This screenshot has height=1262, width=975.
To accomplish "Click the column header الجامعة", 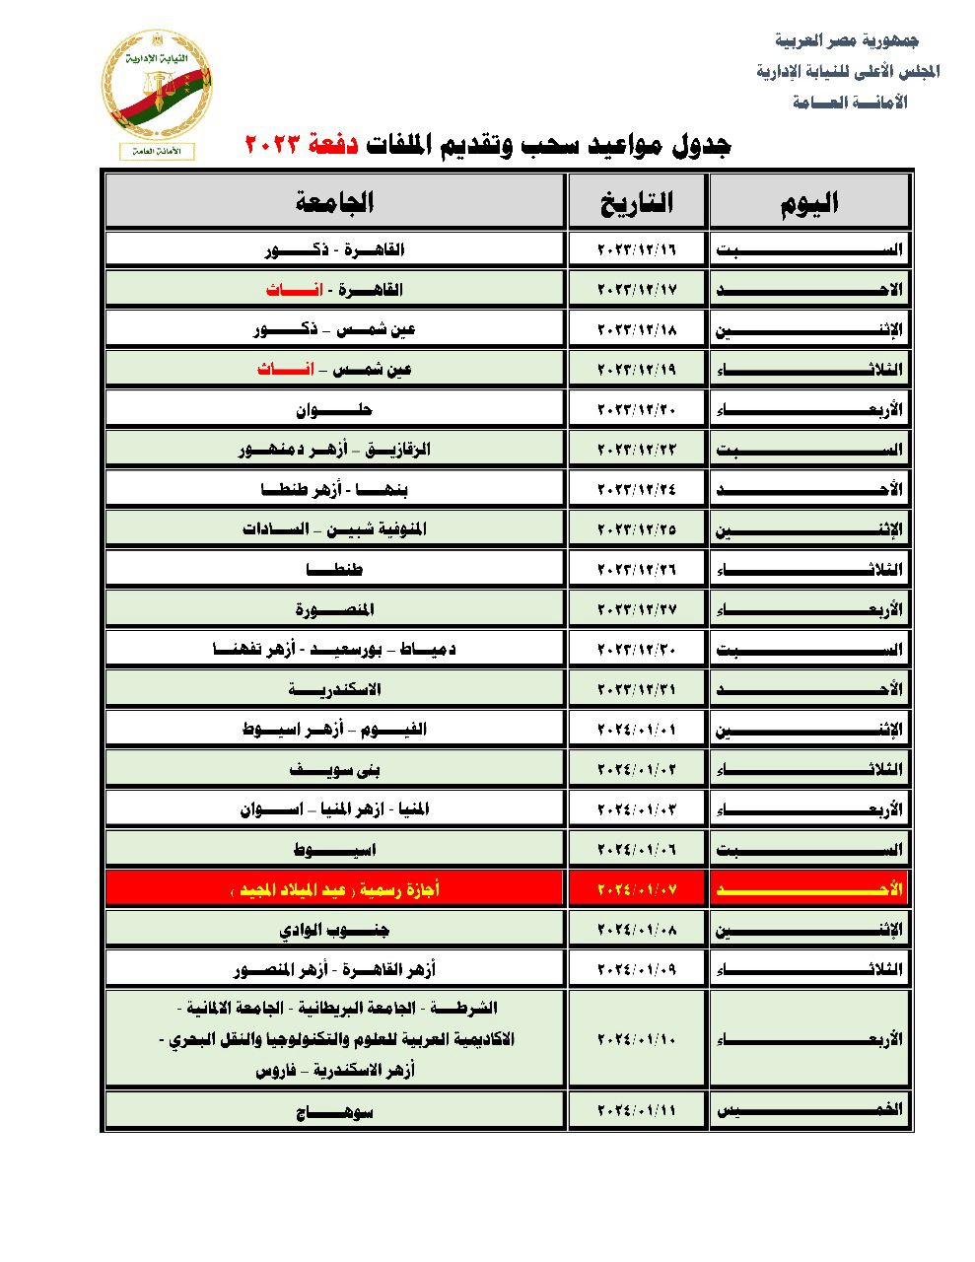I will pyautogui.click(x=335, y=203).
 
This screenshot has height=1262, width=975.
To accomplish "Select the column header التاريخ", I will pyautogui.click(x=637, y=203).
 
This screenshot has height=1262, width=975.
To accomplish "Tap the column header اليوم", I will pyautogui.click(x=809, y=203).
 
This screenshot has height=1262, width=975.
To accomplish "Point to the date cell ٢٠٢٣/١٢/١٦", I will pyautogui.click(x=637, y=249).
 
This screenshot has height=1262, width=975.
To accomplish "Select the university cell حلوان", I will pyautogui.click(x=334, y=409).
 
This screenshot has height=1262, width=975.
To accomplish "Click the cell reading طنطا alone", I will pyautogui.click(x=335, y=569).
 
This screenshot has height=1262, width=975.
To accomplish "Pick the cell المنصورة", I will pyautogui.click(x=335, y=609).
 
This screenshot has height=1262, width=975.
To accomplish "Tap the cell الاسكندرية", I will pyautogui.click(x=335, y=689).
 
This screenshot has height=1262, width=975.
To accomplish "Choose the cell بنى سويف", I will pyautogui.click(x=335, y=769).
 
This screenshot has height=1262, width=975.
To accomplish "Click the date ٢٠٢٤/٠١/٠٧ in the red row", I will pyautogui.click(x=637, y=889).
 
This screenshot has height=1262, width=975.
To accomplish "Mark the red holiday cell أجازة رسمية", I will pyautogui.click(x=335, y=889).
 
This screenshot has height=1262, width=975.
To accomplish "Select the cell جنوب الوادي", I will pyautogui.click(x=335, y=930).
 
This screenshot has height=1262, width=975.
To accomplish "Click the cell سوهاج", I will pyautogui.click(x=335, y=1111).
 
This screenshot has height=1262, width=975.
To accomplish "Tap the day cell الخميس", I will pyautogui.click(x=809, y=1110).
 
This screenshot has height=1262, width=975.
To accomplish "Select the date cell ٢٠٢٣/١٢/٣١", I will pyautogui.click(x=637, y=689).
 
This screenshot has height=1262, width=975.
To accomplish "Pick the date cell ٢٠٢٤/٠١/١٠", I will pyautogui.click(x=637, y=1039).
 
